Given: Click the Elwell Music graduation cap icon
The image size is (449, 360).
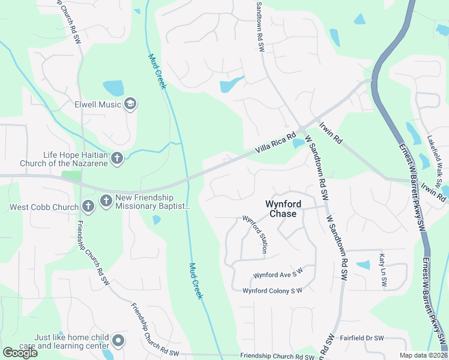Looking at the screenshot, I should click(130, 104).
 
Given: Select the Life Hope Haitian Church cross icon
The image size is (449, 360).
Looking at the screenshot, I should click(117, 158).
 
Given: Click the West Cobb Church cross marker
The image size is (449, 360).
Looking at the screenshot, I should click(88, 207).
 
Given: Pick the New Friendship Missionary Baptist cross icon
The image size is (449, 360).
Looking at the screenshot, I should click(106, 200).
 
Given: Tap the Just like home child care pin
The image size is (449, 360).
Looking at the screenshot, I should click(118, 341).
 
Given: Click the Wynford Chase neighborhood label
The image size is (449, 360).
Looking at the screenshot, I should click(282, 209).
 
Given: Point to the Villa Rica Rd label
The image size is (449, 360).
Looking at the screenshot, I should click(276, 143).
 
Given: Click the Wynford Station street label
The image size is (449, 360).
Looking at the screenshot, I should click(255, 235).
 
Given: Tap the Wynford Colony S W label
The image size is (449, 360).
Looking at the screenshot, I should click(272, 291).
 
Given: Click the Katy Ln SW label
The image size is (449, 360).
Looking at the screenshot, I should click(382, 266).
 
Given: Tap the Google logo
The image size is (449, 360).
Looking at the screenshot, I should click(20, 353).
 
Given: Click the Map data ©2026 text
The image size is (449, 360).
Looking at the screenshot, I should click(423, 355).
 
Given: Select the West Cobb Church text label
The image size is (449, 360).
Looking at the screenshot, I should click(44, 208).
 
